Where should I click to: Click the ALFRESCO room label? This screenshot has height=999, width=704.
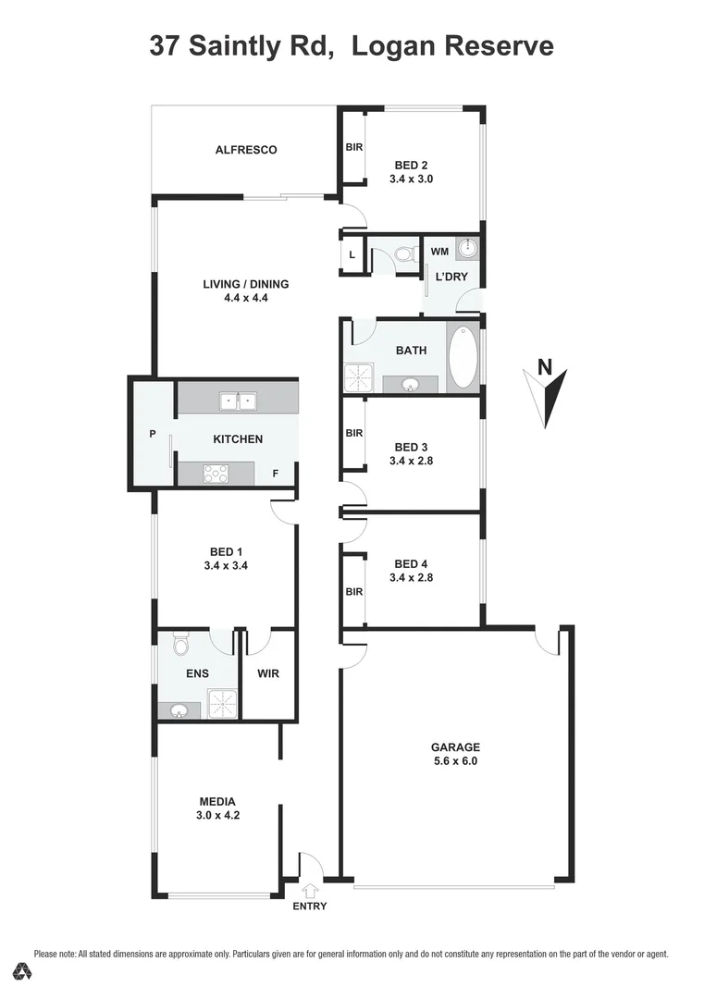tap(246, 150)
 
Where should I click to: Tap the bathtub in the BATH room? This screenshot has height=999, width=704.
tap(463, 357)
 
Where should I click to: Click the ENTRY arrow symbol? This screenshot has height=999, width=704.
tap(310, 890)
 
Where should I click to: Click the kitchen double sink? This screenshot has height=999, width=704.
tap(238, 401)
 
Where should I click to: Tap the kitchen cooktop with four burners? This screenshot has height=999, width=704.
tap(216, 473)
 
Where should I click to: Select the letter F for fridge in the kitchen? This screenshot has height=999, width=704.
tap(275, 474)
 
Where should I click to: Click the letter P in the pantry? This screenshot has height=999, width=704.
tap(152, 434)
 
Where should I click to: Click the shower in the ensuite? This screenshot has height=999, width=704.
tap(222, 703)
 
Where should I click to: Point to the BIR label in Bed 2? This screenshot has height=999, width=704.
tap(353, 147)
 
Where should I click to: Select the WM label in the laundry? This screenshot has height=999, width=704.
tap(439, 251)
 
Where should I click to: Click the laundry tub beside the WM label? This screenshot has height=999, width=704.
tap(469, 248)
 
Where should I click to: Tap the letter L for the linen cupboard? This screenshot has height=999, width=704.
tap(352, 256)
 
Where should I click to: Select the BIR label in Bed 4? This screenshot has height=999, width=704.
tap(353, 592)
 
